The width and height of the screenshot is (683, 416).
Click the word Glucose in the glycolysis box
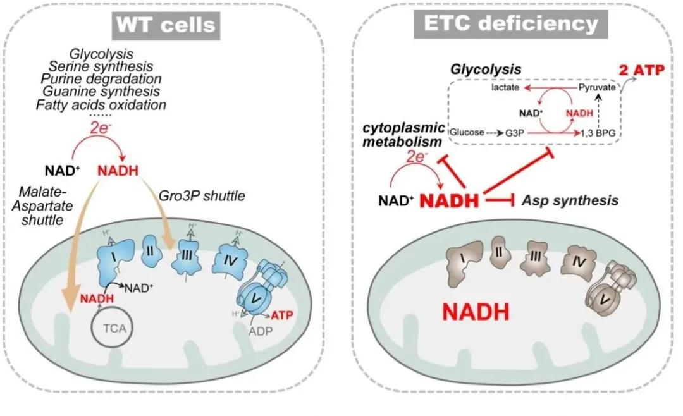[x=466, y=133]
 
